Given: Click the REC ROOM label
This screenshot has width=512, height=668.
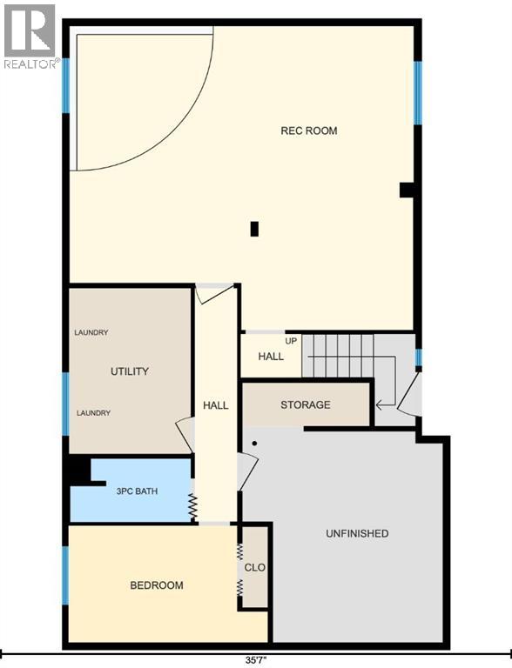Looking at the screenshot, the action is (309, 130).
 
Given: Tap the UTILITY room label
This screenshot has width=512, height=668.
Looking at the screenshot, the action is (130, 371).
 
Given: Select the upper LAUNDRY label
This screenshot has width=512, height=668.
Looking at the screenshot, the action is (91, 332).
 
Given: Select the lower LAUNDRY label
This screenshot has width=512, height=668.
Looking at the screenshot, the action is (93, 413).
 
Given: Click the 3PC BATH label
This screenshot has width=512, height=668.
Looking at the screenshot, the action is (137, 491).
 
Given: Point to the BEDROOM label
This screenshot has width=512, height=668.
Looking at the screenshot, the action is (157, 585).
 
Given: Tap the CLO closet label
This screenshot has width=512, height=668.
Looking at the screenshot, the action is (255, 567).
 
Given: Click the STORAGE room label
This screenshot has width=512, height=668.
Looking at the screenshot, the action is (306, 404).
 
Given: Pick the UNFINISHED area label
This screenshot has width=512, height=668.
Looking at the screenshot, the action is (357, 533).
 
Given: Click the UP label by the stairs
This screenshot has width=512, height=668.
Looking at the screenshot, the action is (291, 341).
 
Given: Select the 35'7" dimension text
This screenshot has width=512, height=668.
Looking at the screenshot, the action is (256, 660).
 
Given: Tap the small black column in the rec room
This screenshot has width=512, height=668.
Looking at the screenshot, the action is (255, 230).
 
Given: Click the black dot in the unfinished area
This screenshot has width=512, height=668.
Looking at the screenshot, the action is (255, 444).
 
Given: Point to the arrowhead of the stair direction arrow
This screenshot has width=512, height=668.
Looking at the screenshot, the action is (378, 404).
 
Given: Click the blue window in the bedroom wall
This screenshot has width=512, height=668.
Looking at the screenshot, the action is (65, 576).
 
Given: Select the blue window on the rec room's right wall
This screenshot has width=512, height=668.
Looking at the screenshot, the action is (418, 93).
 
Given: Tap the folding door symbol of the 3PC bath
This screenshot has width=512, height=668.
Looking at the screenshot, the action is (192, 507).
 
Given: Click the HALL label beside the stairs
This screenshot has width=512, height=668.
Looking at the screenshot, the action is (271, 356).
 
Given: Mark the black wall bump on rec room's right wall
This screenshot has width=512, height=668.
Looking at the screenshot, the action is (406, 190).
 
